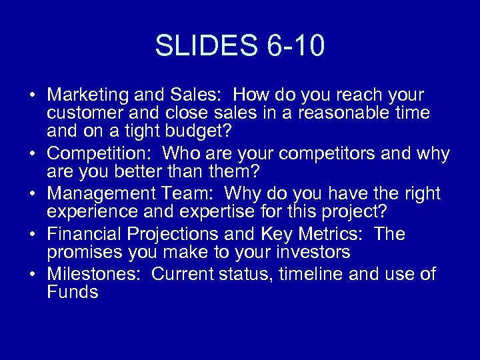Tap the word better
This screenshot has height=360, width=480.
click(x=127, y=172)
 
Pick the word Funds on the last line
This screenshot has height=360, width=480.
click(x=73, y=293)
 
